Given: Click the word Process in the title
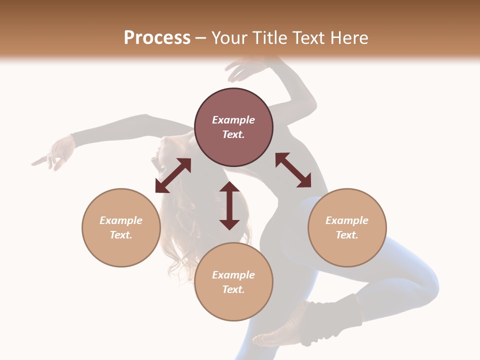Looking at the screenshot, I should pos(157,38).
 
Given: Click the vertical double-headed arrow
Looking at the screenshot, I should pos(229,205).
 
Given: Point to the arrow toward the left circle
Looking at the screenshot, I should pos(173,175).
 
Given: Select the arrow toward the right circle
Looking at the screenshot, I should pos(293,170).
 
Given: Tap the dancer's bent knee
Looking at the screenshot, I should pos(425,285).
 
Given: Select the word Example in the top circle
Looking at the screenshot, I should pos(233,120).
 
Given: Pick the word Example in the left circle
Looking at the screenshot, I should pos(121,220).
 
